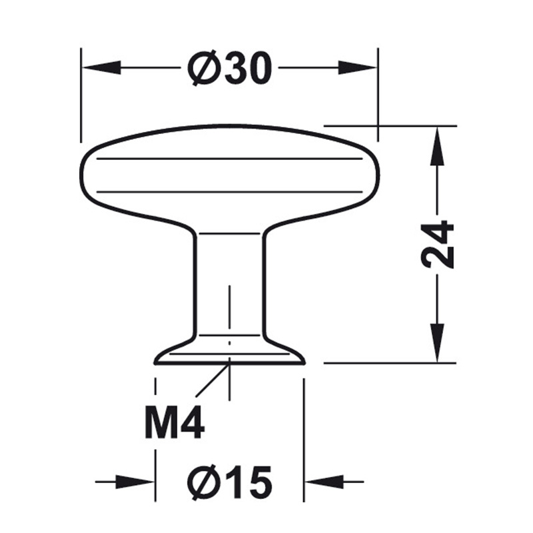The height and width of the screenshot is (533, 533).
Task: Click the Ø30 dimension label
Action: coord(230,69)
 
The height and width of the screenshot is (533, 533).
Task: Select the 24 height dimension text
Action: coord(438,244)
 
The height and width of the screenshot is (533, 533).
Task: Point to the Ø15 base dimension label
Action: coord(230,482)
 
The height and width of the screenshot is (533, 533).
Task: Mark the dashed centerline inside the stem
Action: coord(230,313)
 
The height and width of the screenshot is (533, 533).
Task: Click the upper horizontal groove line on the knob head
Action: coord(230,159)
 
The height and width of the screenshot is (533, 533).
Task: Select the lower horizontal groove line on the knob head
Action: coord(230,192)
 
